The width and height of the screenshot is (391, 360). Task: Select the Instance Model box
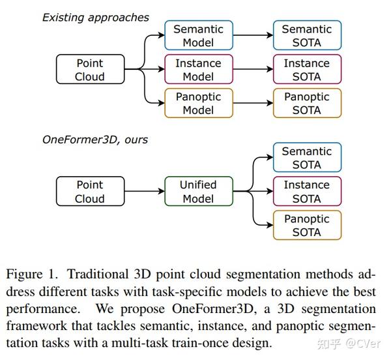(x=197, y=70)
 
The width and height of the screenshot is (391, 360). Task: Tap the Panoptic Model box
(x=197, y=103)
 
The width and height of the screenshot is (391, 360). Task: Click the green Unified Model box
(x=197, y=192)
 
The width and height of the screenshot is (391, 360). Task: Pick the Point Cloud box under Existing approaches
(x=89, y=70)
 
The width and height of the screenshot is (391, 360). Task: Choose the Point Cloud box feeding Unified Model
(x=89, y=192)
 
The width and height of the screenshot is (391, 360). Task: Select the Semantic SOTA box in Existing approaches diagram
(x=306, y=36)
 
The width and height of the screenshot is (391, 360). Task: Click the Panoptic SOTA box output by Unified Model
(x=306, y=226)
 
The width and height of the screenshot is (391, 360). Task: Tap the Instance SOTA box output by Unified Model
(x=306, y=192)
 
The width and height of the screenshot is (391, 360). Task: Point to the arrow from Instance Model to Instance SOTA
(x=252, y=70)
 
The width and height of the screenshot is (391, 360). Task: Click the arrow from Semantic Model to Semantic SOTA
(x=252, y=36)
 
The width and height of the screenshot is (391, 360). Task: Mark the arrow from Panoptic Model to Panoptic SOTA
(x=252, y=103)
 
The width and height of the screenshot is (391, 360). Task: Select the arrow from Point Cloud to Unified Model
(x=143, y=192)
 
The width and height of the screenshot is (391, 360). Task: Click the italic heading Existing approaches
(x=96, y=18)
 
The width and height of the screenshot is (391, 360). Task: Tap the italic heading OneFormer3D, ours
(x=95, y=140)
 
